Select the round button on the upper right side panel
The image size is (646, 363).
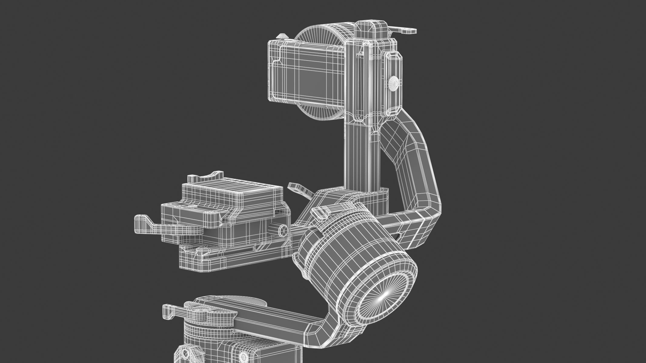[x=394, y=81]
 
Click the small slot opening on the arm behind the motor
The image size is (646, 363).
[x=399, y=244]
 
